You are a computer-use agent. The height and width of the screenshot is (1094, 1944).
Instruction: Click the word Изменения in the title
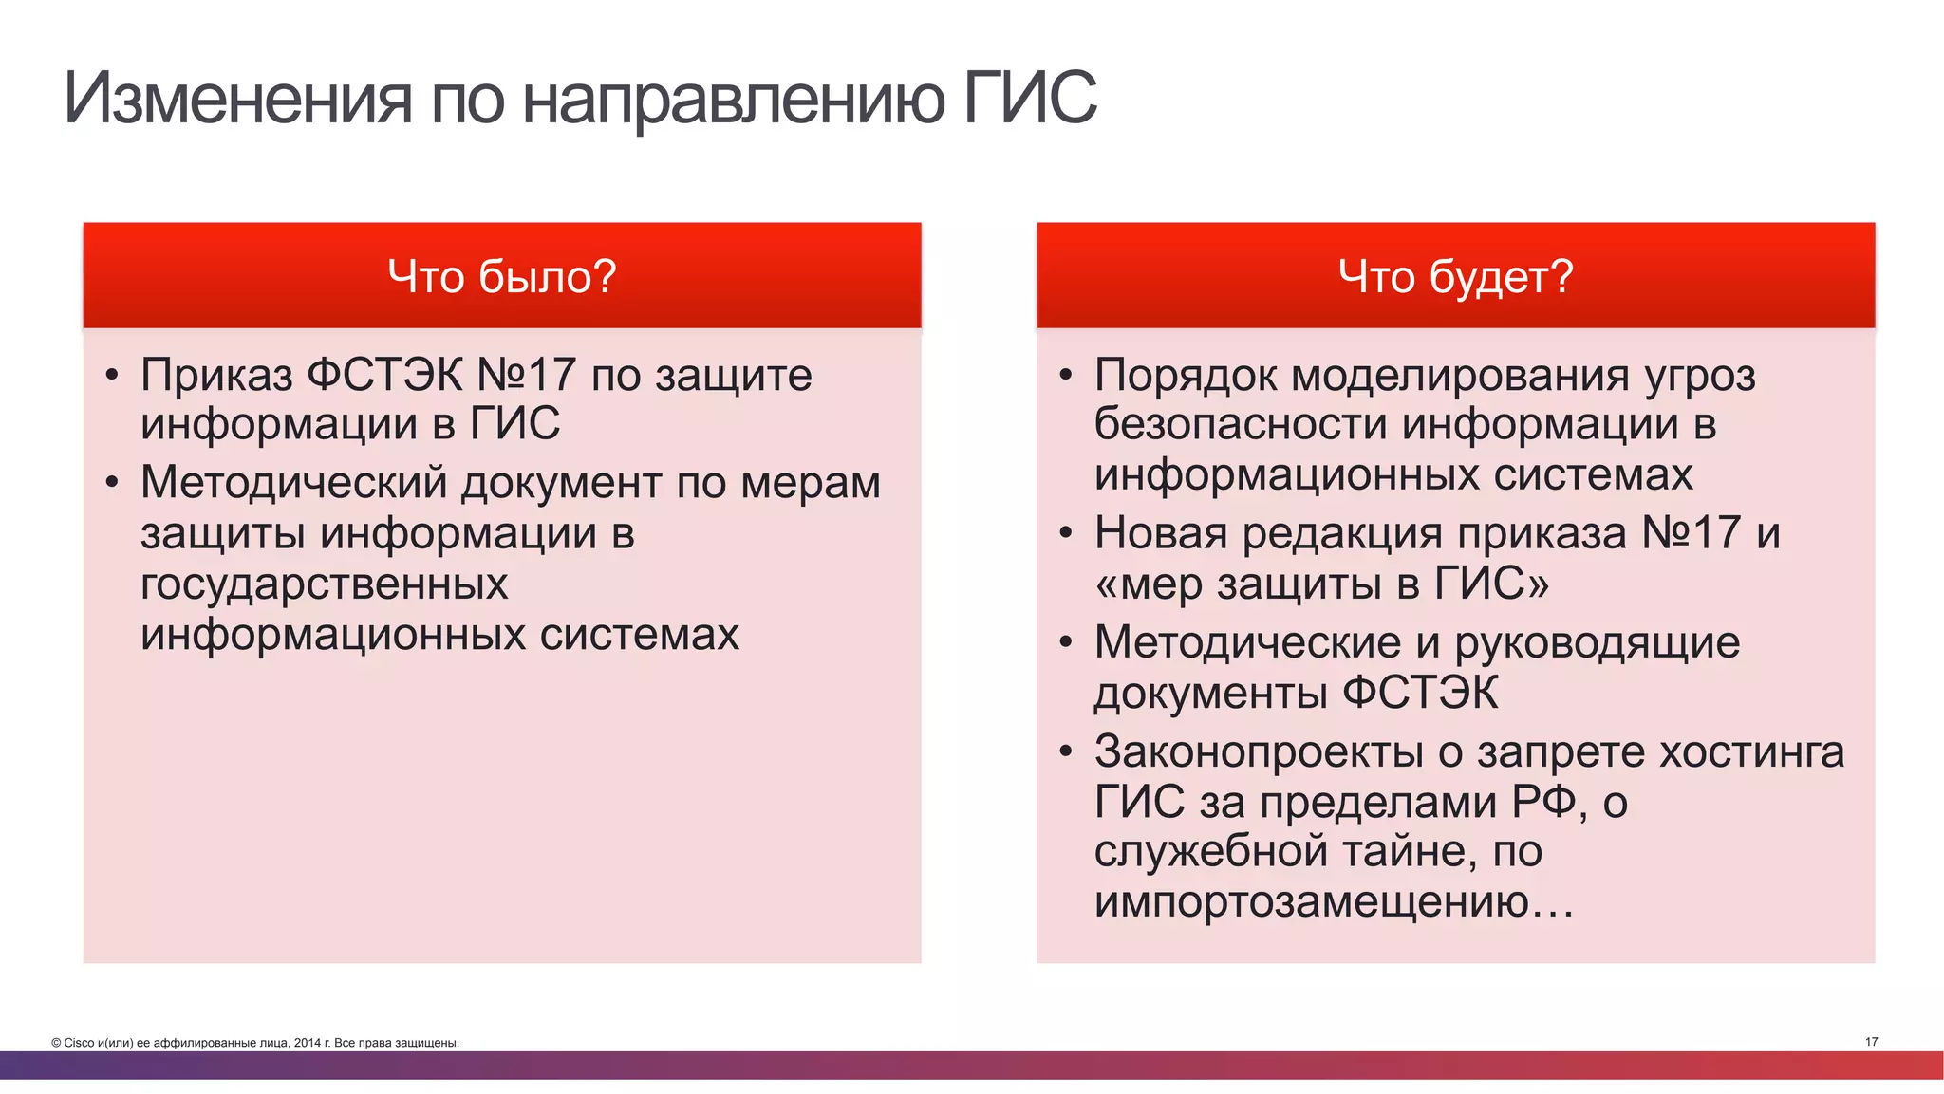[238, 98]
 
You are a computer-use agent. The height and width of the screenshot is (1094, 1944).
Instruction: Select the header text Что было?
[502, 277]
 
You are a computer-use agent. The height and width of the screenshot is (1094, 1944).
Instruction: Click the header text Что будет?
[1455, 277]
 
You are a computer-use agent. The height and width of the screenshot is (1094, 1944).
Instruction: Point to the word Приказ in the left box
[216, 376]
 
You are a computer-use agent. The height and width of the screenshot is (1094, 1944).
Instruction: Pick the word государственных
[325, 584]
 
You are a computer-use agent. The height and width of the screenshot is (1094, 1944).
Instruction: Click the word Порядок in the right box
[1186, 376]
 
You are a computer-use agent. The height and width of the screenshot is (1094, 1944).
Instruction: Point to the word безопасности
[1241, 424]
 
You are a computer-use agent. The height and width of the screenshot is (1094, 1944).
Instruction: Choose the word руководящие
[1597, 643]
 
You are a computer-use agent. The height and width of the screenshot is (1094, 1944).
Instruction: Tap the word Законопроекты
[1259, 752]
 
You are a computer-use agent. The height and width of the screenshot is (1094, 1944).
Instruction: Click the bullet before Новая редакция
[1066, 533]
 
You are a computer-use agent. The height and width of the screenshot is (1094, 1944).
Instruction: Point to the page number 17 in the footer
[1871, 1042]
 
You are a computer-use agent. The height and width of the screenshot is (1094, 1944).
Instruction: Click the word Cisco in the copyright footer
[80, 1043]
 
